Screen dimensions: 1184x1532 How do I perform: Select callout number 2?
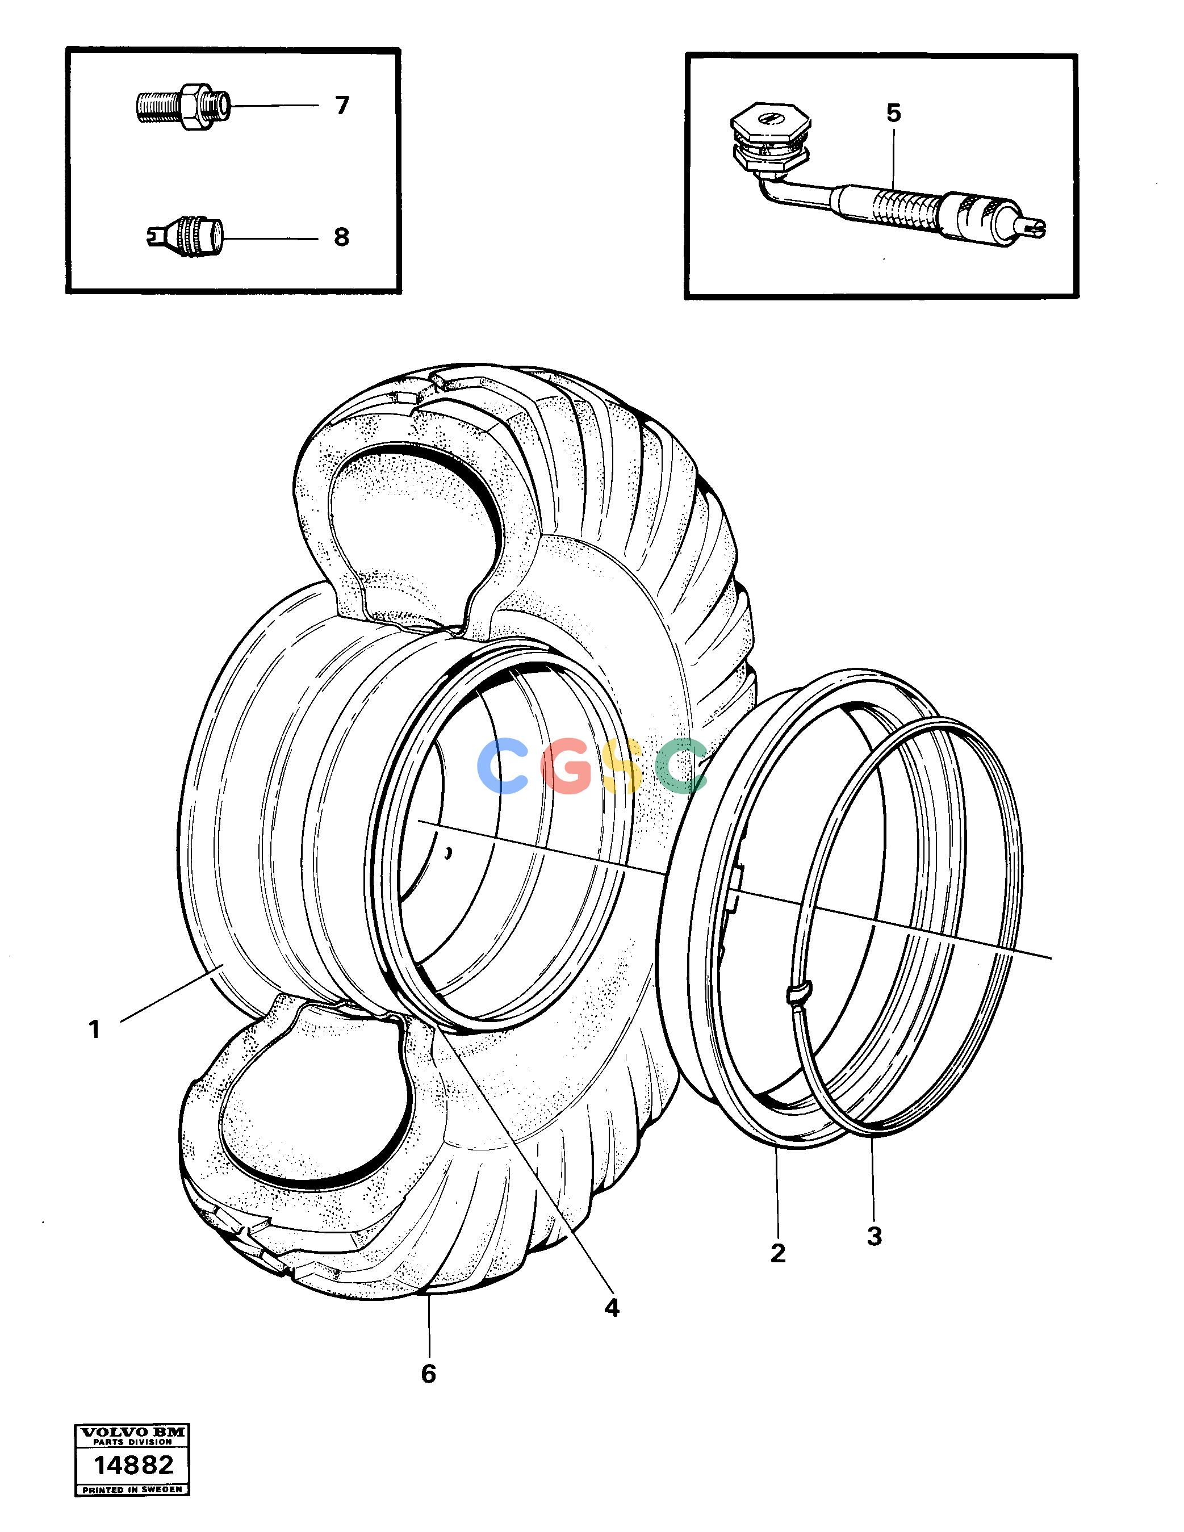pyautogui.click(x=778, y=1253)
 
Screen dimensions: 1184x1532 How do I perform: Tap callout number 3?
pyautogui.click(x=874, y=1236)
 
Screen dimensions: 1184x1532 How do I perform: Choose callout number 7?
pyautogui.click(x=342, y=105)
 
